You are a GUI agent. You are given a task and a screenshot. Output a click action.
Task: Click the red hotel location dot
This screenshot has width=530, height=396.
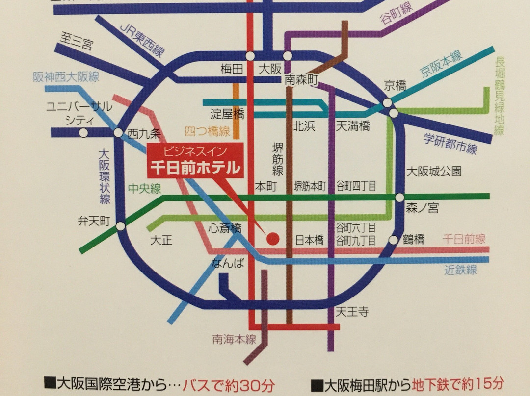[x=273, y=239]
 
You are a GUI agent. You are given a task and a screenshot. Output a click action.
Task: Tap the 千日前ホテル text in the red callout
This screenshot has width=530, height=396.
[x=195, y=168]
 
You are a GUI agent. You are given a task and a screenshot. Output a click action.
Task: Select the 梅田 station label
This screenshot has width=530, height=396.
[x=232, y=70]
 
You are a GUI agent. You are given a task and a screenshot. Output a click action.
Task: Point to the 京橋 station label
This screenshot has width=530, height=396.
[x=395, y=86]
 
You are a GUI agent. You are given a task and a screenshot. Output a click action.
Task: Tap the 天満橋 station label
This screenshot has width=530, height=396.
[x=352, y=126]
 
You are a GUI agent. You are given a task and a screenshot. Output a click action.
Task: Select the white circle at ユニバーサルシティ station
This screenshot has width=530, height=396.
[x=84, y=132]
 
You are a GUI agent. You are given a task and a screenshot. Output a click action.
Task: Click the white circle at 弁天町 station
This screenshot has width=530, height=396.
[x=121, y=226]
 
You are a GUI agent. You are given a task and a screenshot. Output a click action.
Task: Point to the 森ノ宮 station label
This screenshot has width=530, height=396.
[x=422, y=209]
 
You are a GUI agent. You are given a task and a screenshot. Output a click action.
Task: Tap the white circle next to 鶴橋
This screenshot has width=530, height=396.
[x=394, y=240]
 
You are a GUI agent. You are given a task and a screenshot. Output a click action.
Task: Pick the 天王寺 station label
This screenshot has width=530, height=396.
[x=352, y=312]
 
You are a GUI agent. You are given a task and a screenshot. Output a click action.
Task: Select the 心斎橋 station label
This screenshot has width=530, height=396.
[x=224, y=228]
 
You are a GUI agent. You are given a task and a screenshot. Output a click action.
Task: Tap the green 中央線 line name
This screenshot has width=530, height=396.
[x=144, y=189]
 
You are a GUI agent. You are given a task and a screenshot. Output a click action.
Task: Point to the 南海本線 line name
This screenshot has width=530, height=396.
[x=234, y=339]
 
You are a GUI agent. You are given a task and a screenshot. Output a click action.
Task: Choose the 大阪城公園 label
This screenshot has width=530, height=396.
[x=433, y=172]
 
